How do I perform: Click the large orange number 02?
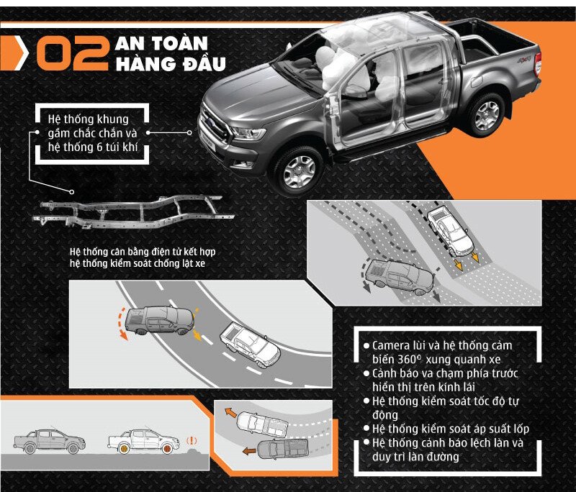73,53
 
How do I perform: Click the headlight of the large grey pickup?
247,133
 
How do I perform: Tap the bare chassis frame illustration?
134,212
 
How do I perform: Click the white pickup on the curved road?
250,345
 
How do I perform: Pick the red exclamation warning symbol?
192,441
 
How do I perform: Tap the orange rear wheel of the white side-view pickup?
124,448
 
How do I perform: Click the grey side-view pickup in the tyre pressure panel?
49,441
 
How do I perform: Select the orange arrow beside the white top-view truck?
230,412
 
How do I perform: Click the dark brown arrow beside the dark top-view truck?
249,450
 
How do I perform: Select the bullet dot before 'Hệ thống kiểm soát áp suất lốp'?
366,428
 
